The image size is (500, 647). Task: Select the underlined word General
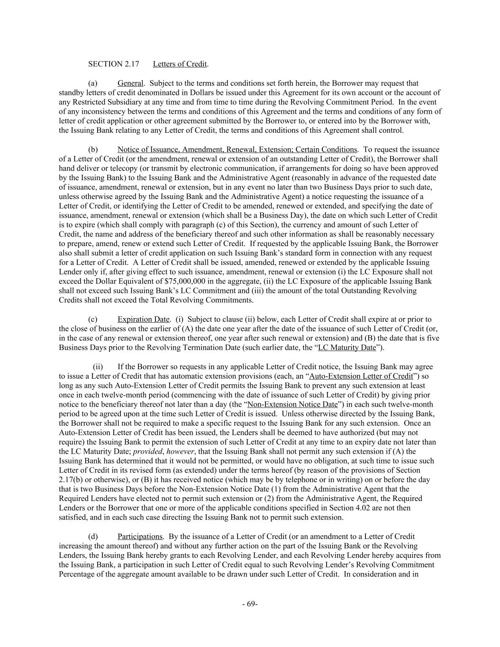point(130,83)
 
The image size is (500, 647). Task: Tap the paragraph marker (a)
point(93,83)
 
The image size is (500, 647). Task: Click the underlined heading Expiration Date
point(144,319)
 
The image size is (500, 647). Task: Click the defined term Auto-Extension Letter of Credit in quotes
point(361,376)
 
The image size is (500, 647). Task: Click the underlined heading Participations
point(140,536)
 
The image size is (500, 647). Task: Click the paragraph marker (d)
point(93,536)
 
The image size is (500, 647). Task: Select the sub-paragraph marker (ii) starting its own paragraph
point(98,366)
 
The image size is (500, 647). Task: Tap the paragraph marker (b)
point(93,149)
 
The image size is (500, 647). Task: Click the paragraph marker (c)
point(93,319)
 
